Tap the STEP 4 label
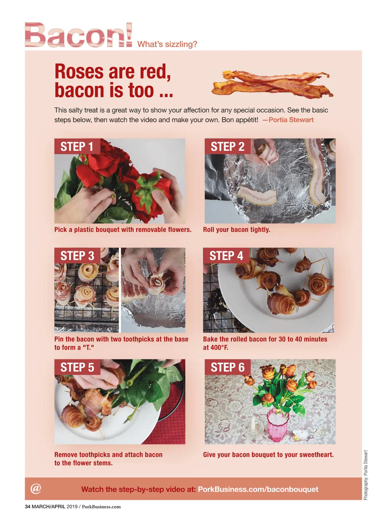click(226, 256)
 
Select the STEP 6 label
click(227, 367)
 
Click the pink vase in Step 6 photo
click(278, 425)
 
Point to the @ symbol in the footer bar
click(36, 488)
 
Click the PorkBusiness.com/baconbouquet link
click(258, 489)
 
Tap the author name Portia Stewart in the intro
click(291, 120)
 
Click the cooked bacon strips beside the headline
click(273, 84)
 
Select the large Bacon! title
click(78, 35)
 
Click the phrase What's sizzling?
click(167, 44)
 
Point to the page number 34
click(28, 507)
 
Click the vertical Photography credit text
click(365, 475)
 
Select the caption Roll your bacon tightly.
click(236, 229)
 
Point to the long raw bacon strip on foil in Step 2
click(317, 171)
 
